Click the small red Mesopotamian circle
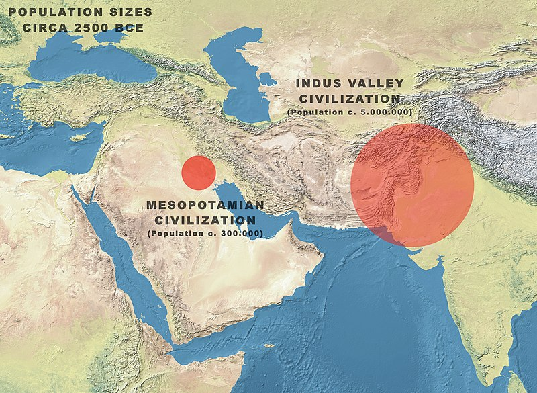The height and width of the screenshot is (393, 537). coord(199,172)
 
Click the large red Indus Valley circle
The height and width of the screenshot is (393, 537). coord(412,185)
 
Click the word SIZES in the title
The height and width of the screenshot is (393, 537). coord(129,13)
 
